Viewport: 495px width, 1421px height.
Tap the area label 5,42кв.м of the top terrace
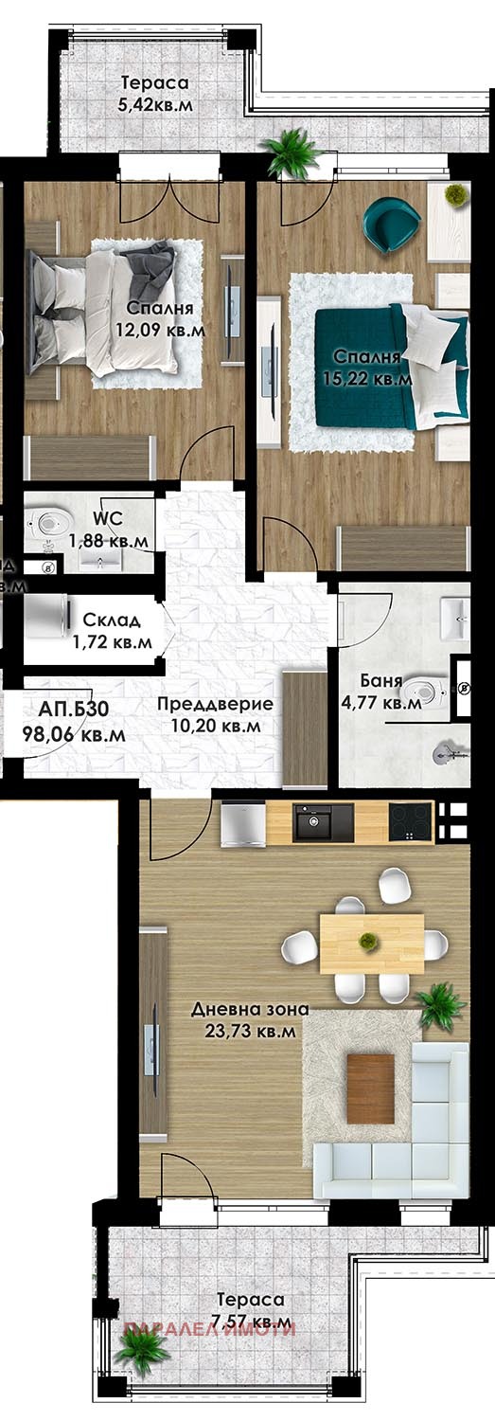coord(154,105)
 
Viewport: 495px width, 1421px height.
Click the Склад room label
coord(112,621)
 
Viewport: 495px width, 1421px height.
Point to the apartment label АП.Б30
coord(65,710)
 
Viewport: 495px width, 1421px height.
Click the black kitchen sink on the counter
coord(323,822)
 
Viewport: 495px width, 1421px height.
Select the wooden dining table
coord(371,943)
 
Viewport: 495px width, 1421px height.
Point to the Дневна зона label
coord(249,1010)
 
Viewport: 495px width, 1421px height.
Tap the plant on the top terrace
coord(292,151)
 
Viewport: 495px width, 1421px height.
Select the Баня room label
coord(381,681)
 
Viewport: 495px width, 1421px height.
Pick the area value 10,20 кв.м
coord(215,726)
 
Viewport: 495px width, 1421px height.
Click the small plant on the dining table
coord(366,941)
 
